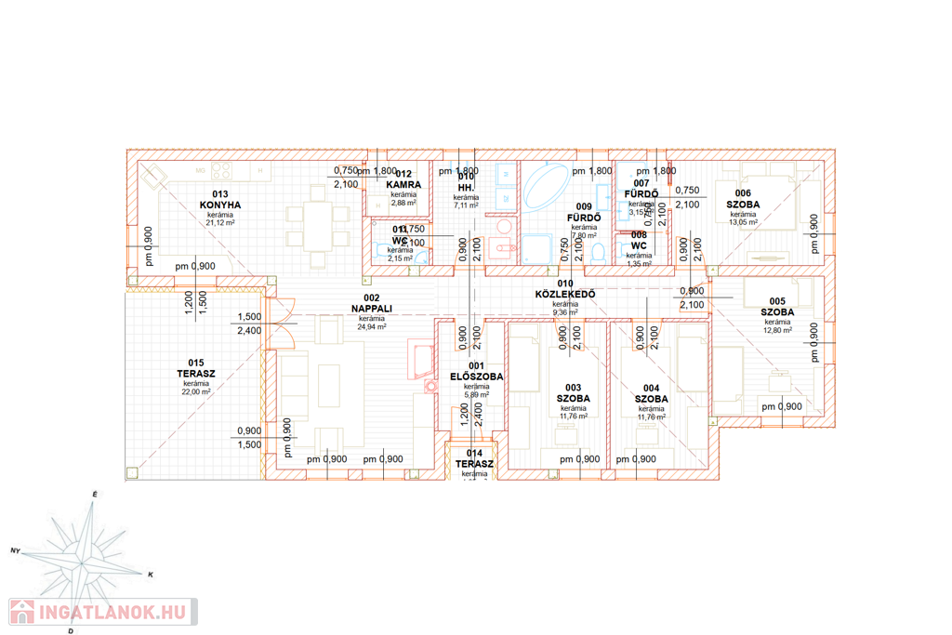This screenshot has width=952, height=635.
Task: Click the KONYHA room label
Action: pos(220,205)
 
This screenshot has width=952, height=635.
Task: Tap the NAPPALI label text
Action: pos(372,308)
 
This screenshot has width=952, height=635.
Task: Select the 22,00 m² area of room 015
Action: pos(195,392)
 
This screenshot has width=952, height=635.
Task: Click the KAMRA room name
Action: pos(403,185)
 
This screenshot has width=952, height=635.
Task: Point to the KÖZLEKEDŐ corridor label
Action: pos(565,295)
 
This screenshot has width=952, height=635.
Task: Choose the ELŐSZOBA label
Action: pos(476,377)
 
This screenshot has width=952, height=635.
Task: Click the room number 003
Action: pos(573,388)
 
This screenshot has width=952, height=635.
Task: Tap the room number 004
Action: pos(651,388)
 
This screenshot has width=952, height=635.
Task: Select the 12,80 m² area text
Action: pos(777,330)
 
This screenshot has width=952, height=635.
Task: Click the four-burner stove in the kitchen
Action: pos(222,171)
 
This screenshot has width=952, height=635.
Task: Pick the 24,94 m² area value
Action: pos(372,327)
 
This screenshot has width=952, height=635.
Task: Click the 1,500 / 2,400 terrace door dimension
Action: pos(249,324)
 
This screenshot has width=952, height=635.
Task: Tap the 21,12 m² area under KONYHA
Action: pos(220,223)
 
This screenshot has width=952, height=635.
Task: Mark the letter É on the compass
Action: pos(94,494)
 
